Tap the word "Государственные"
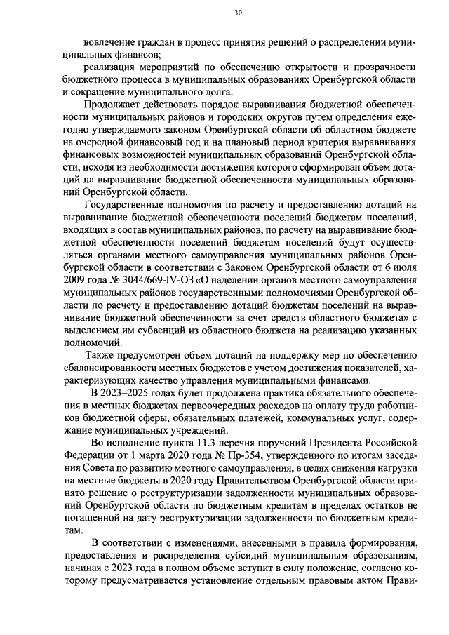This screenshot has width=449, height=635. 126,204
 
